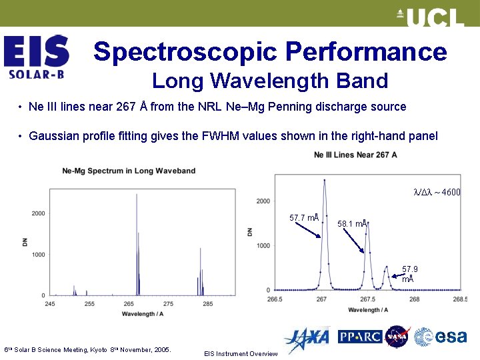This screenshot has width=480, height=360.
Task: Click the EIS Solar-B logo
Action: (x=37, y=57)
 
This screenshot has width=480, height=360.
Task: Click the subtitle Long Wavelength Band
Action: (x=269, y=81)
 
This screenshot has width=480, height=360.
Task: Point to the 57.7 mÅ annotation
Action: (x=304, y=218)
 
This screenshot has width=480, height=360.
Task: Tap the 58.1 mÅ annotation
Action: (x=352, y=224)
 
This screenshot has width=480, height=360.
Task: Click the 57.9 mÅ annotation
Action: (x=409, y=274)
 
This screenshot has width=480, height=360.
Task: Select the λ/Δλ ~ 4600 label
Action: (x=437, y=192)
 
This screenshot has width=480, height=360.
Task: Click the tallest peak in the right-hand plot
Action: (x=325, y=181)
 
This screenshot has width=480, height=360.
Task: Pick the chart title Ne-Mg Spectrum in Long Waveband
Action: (x=129, y=171)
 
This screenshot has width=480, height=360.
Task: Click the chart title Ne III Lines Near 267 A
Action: (x=355, y=155)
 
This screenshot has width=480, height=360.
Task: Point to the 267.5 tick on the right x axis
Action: (x=367, y=299)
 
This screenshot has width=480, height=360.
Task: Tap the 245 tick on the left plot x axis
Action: (x=50, y=303)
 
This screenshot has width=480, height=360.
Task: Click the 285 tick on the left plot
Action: (x=207, y=303)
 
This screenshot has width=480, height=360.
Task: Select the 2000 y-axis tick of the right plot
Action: (x=263, y=201)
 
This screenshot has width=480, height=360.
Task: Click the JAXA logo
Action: (x=307, y=339)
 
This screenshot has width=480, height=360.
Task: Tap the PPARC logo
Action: (x=359, y=337)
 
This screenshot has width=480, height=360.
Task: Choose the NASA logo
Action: (x=397, y=337)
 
